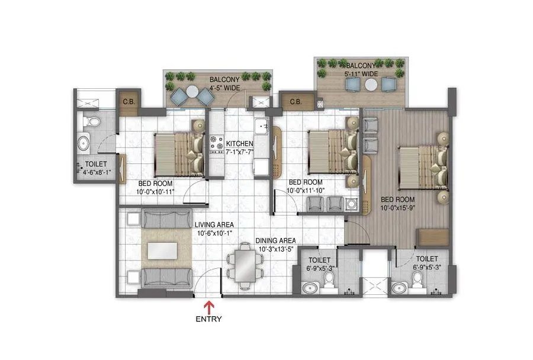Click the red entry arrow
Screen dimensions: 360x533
(208, 307)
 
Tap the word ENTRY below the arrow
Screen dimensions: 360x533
(208, 319)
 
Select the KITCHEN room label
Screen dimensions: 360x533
(240, 144)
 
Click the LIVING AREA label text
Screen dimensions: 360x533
(214, 224)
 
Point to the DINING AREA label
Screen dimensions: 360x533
(275, 240)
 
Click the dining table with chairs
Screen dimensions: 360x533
(243, 266)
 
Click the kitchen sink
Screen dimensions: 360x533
(260, 126)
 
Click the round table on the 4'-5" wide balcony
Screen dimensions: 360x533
(192, 92)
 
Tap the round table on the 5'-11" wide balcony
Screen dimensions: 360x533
(371, 85)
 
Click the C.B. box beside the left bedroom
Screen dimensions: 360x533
(127, 101)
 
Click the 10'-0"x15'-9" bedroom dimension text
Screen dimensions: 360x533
(397, 208)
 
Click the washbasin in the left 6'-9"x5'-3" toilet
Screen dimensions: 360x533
(309, 288)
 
